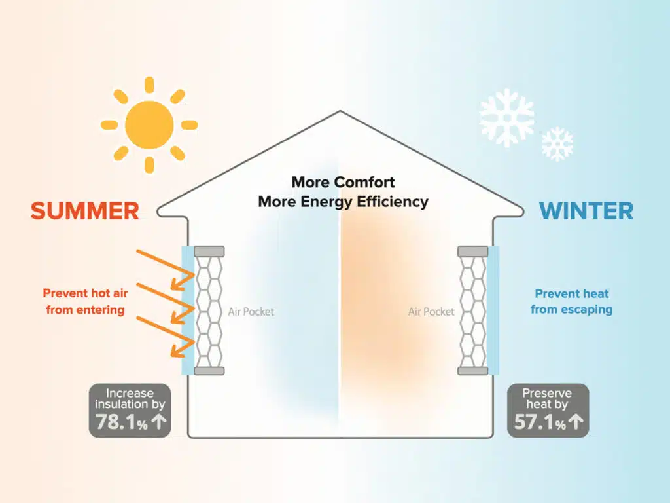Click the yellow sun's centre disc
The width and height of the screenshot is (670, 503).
pos(149,124)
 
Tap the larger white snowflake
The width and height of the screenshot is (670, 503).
pos(506,118)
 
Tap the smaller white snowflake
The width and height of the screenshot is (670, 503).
pos(557,144)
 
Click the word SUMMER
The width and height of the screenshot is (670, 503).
pos(84,211)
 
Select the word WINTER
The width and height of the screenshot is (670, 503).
pos(586,211)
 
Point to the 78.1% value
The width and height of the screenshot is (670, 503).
pos(122,423)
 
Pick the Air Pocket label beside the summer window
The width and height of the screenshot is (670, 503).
pos(251,312)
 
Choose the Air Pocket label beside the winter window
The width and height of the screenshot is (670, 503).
pos(431,312)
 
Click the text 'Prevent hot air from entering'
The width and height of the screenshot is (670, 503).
pos(85,301)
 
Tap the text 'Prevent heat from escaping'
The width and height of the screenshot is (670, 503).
pos(571,301)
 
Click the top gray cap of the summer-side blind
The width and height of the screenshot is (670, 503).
pos(209,251)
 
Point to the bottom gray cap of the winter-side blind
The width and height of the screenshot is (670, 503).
pos(472,371)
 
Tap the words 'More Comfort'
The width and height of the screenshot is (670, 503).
pos(343,181)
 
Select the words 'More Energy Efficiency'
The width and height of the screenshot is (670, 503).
pos(343,201)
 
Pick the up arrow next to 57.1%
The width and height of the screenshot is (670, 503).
pos(576,423)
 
